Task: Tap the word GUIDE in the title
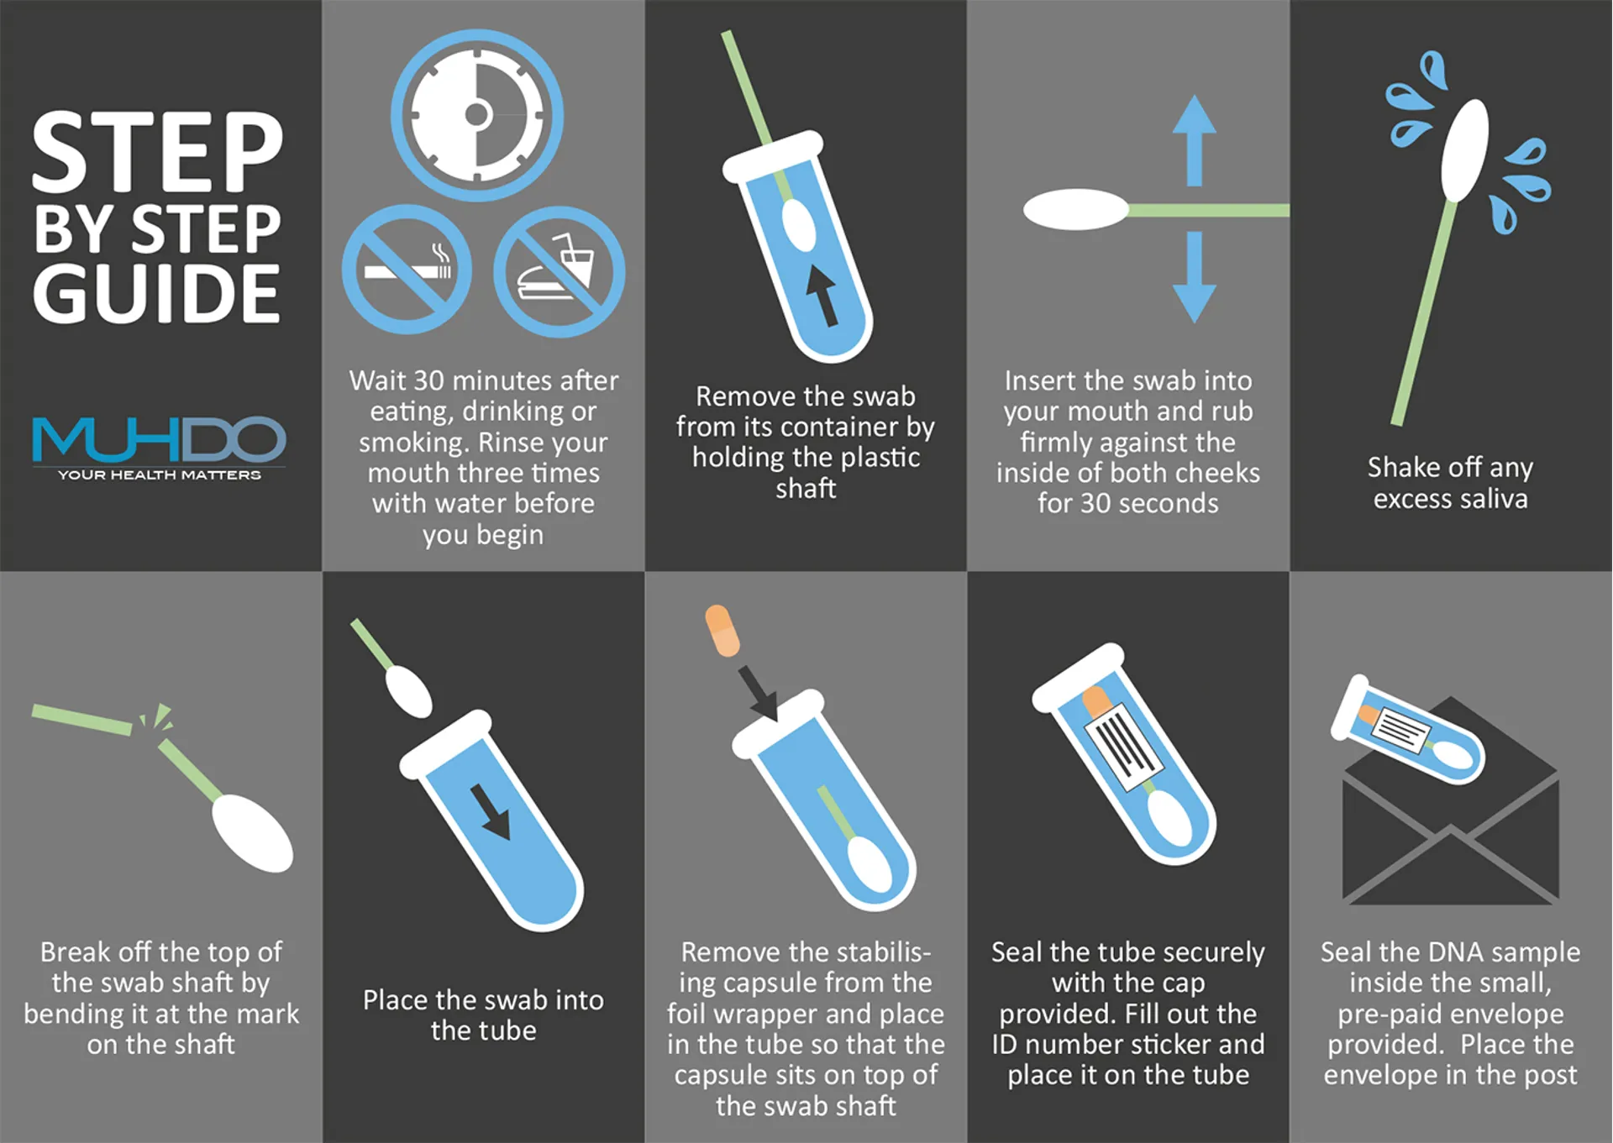point(156,293)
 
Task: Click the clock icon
point(477,115)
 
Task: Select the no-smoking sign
point(407,270)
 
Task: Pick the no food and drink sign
point(559,272)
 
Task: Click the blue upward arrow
point(1194,140)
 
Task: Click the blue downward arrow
point(1194,277)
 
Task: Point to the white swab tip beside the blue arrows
point(1076,210)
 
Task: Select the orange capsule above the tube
point(722,631)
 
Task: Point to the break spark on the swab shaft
point(157,718)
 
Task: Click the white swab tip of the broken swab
point(253,833)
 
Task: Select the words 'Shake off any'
point(1450,467)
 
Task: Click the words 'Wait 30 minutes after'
point(484,380)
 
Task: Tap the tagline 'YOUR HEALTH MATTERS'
point(160,475)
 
